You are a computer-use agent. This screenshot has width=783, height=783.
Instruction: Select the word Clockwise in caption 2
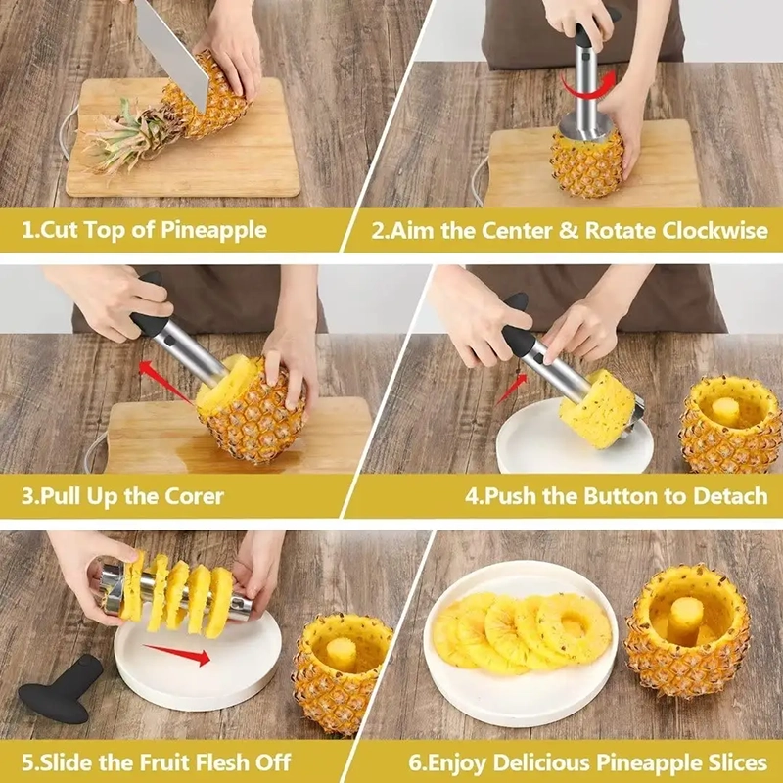pyautogui.click(x=714, y=231)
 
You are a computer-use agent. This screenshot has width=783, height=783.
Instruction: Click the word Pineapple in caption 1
pyautogui.click(x=213, y=231)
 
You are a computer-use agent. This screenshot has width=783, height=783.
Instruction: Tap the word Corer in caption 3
pyautogui.click(x=194, y=496)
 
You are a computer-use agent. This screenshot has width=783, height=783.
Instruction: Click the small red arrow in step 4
pyautogui.click(x=511, y=390)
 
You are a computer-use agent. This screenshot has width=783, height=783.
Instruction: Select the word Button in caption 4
pyautogui.click(x=621, y=496)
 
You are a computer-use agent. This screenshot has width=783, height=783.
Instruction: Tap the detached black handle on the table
pyautogui.click(x=61, y=689)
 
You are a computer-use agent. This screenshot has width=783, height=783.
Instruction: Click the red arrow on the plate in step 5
pyautogui.click(x=177, y=654)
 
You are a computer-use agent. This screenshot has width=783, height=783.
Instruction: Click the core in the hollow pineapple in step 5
pyautogui.click(x=342, y=654)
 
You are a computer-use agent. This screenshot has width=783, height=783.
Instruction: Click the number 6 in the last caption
pyautogui.click(x=414, y=763)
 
